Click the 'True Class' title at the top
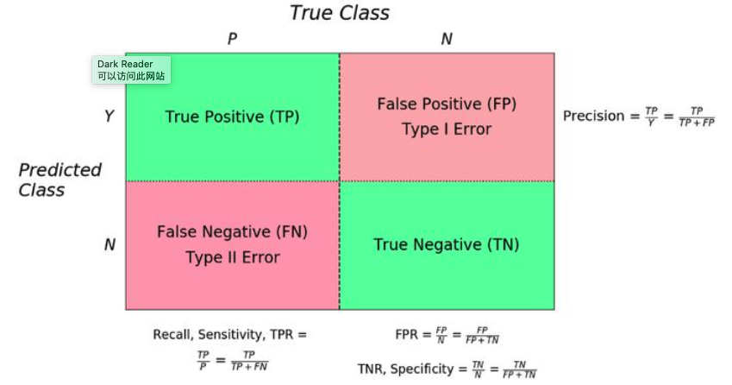[x=339, y=13]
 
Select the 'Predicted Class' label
[x=59, y=180]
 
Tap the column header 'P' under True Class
[x=231, y=39]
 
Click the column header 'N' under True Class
[x=446, y=39]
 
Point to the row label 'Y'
[x=109, y=116]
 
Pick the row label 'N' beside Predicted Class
[x=109, y=244]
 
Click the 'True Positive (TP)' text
[x=232, y=117]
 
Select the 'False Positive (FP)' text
[x=446, y=104]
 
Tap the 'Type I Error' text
[x=446, y=129]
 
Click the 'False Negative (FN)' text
[x=232, y=231]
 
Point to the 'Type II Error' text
[x=232, y=257]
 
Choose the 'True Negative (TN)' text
[x=446, y=244]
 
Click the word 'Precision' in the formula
[x=593, y=116]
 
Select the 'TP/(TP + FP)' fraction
[x=697, y=117]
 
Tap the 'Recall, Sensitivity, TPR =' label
[x=229, y=334]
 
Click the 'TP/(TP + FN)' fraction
[x=249, y=361]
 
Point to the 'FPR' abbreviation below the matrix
[x=405, y=334]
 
